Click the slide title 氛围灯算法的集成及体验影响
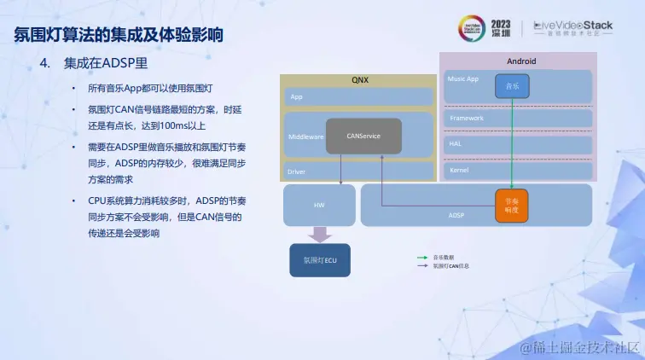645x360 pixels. point(119,35)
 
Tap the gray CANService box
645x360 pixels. point(363,136)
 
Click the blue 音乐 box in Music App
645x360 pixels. point(512,85)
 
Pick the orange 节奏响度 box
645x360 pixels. point(512,205)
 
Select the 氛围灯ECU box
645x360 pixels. point(320,259)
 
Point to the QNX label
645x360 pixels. point(360,80)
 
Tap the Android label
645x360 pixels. point(520,61)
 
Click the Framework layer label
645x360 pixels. point(466,118)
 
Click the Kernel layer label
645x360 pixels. point(459,171)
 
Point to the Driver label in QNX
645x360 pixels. point(296,171)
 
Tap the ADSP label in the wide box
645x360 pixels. point(456,216)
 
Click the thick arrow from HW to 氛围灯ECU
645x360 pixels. point(320,234)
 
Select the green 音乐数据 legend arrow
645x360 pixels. point(421,257)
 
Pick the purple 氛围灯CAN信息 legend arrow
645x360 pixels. point(421,266)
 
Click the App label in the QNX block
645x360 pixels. point(296,97)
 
